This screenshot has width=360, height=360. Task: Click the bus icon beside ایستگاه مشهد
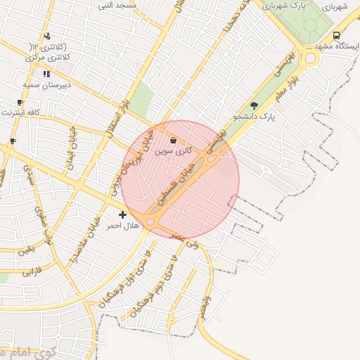[337, 36]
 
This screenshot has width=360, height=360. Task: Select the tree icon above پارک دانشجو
[254, 105]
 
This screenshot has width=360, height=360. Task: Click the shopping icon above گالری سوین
[173, 141]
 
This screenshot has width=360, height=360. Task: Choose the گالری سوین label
[173, 151]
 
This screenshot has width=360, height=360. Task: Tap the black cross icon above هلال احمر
[123, 215]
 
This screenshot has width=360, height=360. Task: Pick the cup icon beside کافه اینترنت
[20, 103]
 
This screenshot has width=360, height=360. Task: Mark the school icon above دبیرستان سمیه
[46, 74]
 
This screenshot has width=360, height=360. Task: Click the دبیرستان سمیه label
[46, 84]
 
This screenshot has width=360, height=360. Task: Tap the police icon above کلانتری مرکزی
[46, 36]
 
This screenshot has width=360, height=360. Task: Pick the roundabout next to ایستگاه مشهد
[311, 57]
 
